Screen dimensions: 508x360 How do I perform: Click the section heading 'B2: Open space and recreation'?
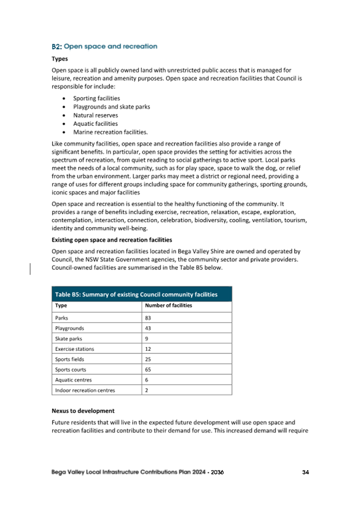tap(104, 46)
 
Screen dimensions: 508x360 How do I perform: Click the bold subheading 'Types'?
tap(59, 59)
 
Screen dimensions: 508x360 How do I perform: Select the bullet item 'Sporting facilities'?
tap(96, 99)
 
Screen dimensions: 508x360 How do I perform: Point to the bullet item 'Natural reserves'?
tap(95, 115)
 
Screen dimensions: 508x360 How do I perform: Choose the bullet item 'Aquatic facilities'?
tap(95, 124)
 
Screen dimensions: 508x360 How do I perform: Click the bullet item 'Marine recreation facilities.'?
tap(110, 132)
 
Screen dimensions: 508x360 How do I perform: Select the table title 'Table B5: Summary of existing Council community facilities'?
tap(136, 295)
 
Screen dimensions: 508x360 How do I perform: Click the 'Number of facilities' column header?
tap(169, 306)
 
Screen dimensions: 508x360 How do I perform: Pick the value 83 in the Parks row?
tap(148, 318)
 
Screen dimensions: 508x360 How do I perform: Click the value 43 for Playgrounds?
tap(148, 328)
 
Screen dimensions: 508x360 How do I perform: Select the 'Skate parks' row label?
tap(69, 339)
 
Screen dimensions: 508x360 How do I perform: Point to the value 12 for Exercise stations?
tap(148, 349)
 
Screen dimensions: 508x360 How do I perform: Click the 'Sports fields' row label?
tap(70, 359)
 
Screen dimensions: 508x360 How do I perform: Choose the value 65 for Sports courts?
tap(148, 369)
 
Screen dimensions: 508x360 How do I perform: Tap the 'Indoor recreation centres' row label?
tap(85, 390)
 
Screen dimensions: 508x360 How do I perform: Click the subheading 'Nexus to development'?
tap(83, 411)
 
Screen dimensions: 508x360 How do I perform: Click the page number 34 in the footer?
tap(306, 472)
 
